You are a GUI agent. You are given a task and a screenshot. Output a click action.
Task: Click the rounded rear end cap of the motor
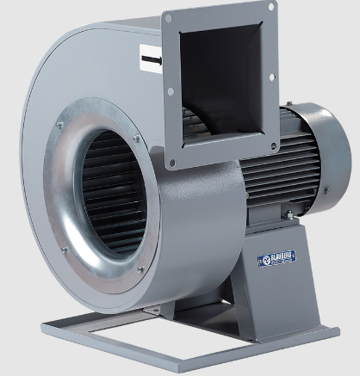click(322, 146)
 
